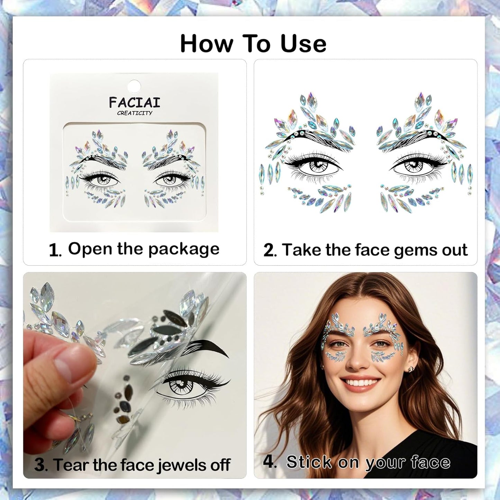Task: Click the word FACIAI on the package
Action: [x=135, y=102]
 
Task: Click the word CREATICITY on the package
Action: [x=135, y=113]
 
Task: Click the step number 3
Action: [x=41, y=465]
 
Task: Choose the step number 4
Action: [x=269, y=462]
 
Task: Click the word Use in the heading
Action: [x=303, y=44]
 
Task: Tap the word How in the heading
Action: [x=207, y=44]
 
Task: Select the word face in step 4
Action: [x=430, y=462]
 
